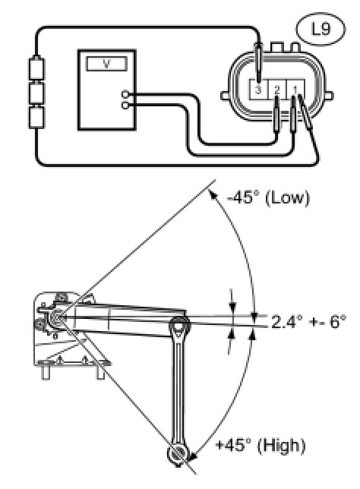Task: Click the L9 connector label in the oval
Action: pyautogui.click(x=321, y=29)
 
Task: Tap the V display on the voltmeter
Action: pyautogui.click(x=106, y=64)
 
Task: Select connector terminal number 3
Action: pyautogui.click(x=258, y=90)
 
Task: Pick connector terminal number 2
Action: pyautogui.click(x=277, y=90)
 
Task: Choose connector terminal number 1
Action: pyautogui.click(x=295, y=90)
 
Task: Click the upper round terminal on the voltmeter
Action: pyautogui.click(x=125, y=94)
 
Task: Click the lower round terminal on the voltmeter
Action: pyautogui.click(x=125, y=106)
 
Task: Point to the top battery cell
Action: pyautogui.click(x=36, y=68)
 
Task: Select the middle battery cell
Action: pyautogui.click(x=36, y=93)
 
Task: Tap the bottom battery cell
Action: pyautogui.click(x=36, y=117)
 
